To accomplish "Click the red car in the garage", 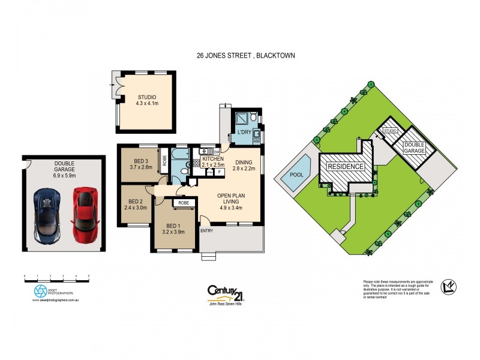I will (85, 215).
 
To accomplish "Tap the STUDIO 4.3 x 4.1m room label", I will (146, 100).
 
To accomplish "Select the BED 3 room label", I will (139, 163).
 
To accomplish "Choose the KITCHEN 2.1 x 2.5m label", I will (213, 161).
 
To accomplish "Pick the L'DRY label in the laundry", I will (244, 132).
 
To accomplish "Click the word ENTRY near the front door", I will (206, 230).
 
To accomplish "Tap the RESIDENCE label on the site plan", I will (344, 166).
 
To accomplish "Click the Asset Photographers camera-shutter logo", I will (40, 291).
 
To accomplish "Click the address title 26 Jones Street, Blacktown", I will (246, 55).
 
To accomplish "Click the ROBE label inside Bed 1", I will (182, 203).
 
